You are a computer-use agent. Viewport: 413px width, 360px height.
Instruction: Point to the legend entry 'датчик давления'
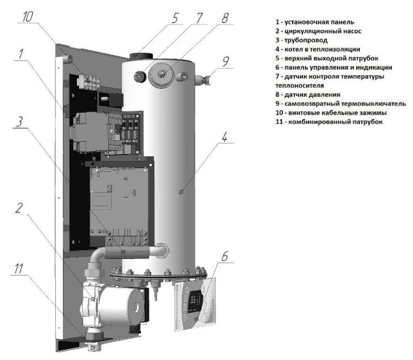307,94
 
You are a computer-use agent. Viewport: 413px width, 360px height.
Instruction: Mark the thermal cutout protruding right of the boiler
205,81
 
